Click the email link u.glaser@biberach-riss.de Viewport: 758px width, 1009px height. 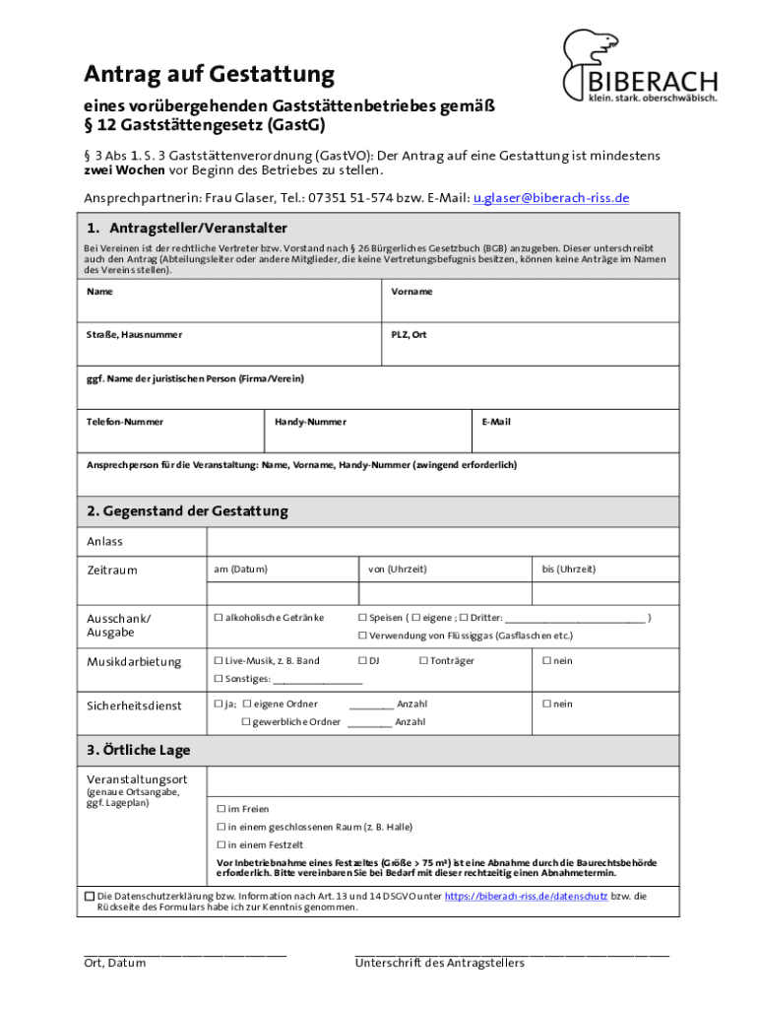[550, 198]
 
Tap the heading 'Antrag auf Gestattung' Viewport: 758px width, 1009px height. [209, 74]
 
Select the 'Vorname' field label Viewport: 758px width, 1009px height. [411, 292]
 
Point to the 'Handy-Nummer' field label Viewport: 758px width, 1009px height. [310, 422]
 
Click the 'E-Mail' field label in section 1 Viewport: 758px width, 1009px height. [495, 422]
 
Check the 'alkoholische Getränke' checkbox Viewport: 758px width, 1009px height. [219, 618]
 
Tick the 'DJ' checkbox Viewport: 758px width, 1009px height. [362, 661]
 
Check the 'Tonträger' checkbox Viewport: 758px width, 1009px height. [423, 661]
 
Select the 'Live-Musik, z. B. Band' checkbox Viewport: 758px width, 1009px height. [219, 661]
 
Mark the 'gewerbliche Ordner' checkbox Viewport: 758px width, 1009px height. [246, 722]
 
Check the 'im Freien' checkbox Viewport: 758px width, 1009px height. [221, 809]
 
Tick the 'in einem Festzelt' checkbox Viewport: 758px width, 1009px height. [221, 844]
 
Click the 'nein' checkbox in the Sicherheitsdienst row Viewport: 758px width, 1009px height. [546, 705]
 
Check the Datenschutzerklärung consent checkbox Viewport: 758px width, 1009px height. [90, 897]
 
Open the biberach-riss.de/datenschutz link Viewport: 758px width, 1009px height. [526, 897]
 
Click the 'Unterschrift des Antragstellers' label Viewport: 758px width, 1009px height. [439, 963]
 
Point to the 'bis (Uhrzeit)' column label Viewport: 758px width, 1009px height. [568, 570]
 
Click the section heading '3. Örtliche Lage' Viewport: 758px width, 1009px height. [138, 751]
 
